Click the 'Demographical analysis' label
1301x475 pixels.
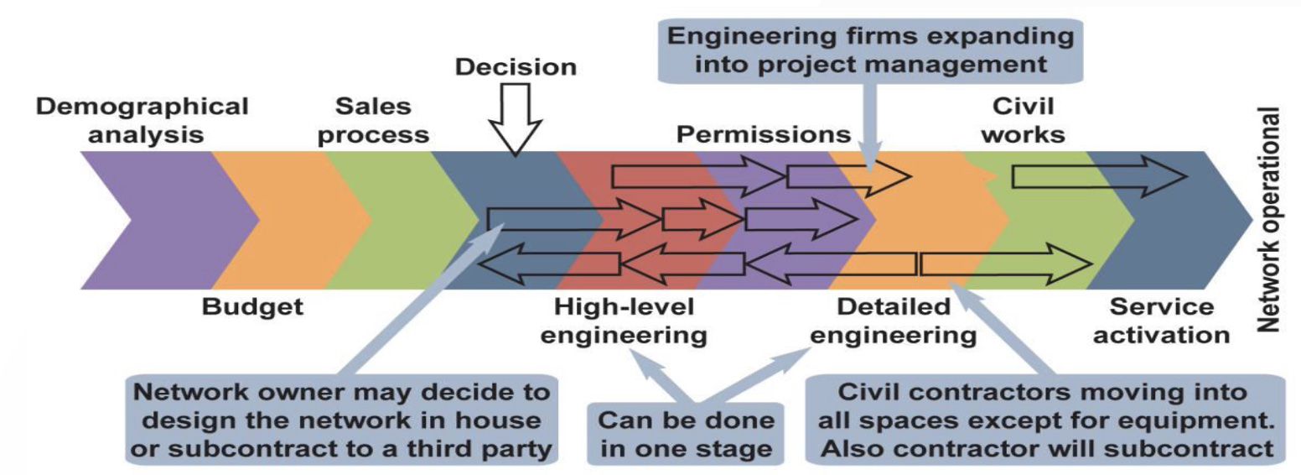[143, 121]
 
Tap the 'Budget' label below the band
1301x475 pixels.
[251, 307]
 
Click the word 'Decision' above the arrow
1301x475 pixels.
[516, 67]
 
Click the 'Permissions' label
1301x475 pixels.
[764, 134]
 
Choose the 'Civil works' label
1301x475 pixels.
[1023, 121]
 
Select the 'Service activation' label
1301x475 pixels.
[1162, 321]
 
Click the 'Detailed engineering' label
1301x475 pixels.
[894, 321]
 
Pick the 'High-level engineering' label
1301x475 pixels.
[624, 321]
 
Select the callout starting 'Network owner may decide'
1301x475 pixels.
[341, 420]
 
